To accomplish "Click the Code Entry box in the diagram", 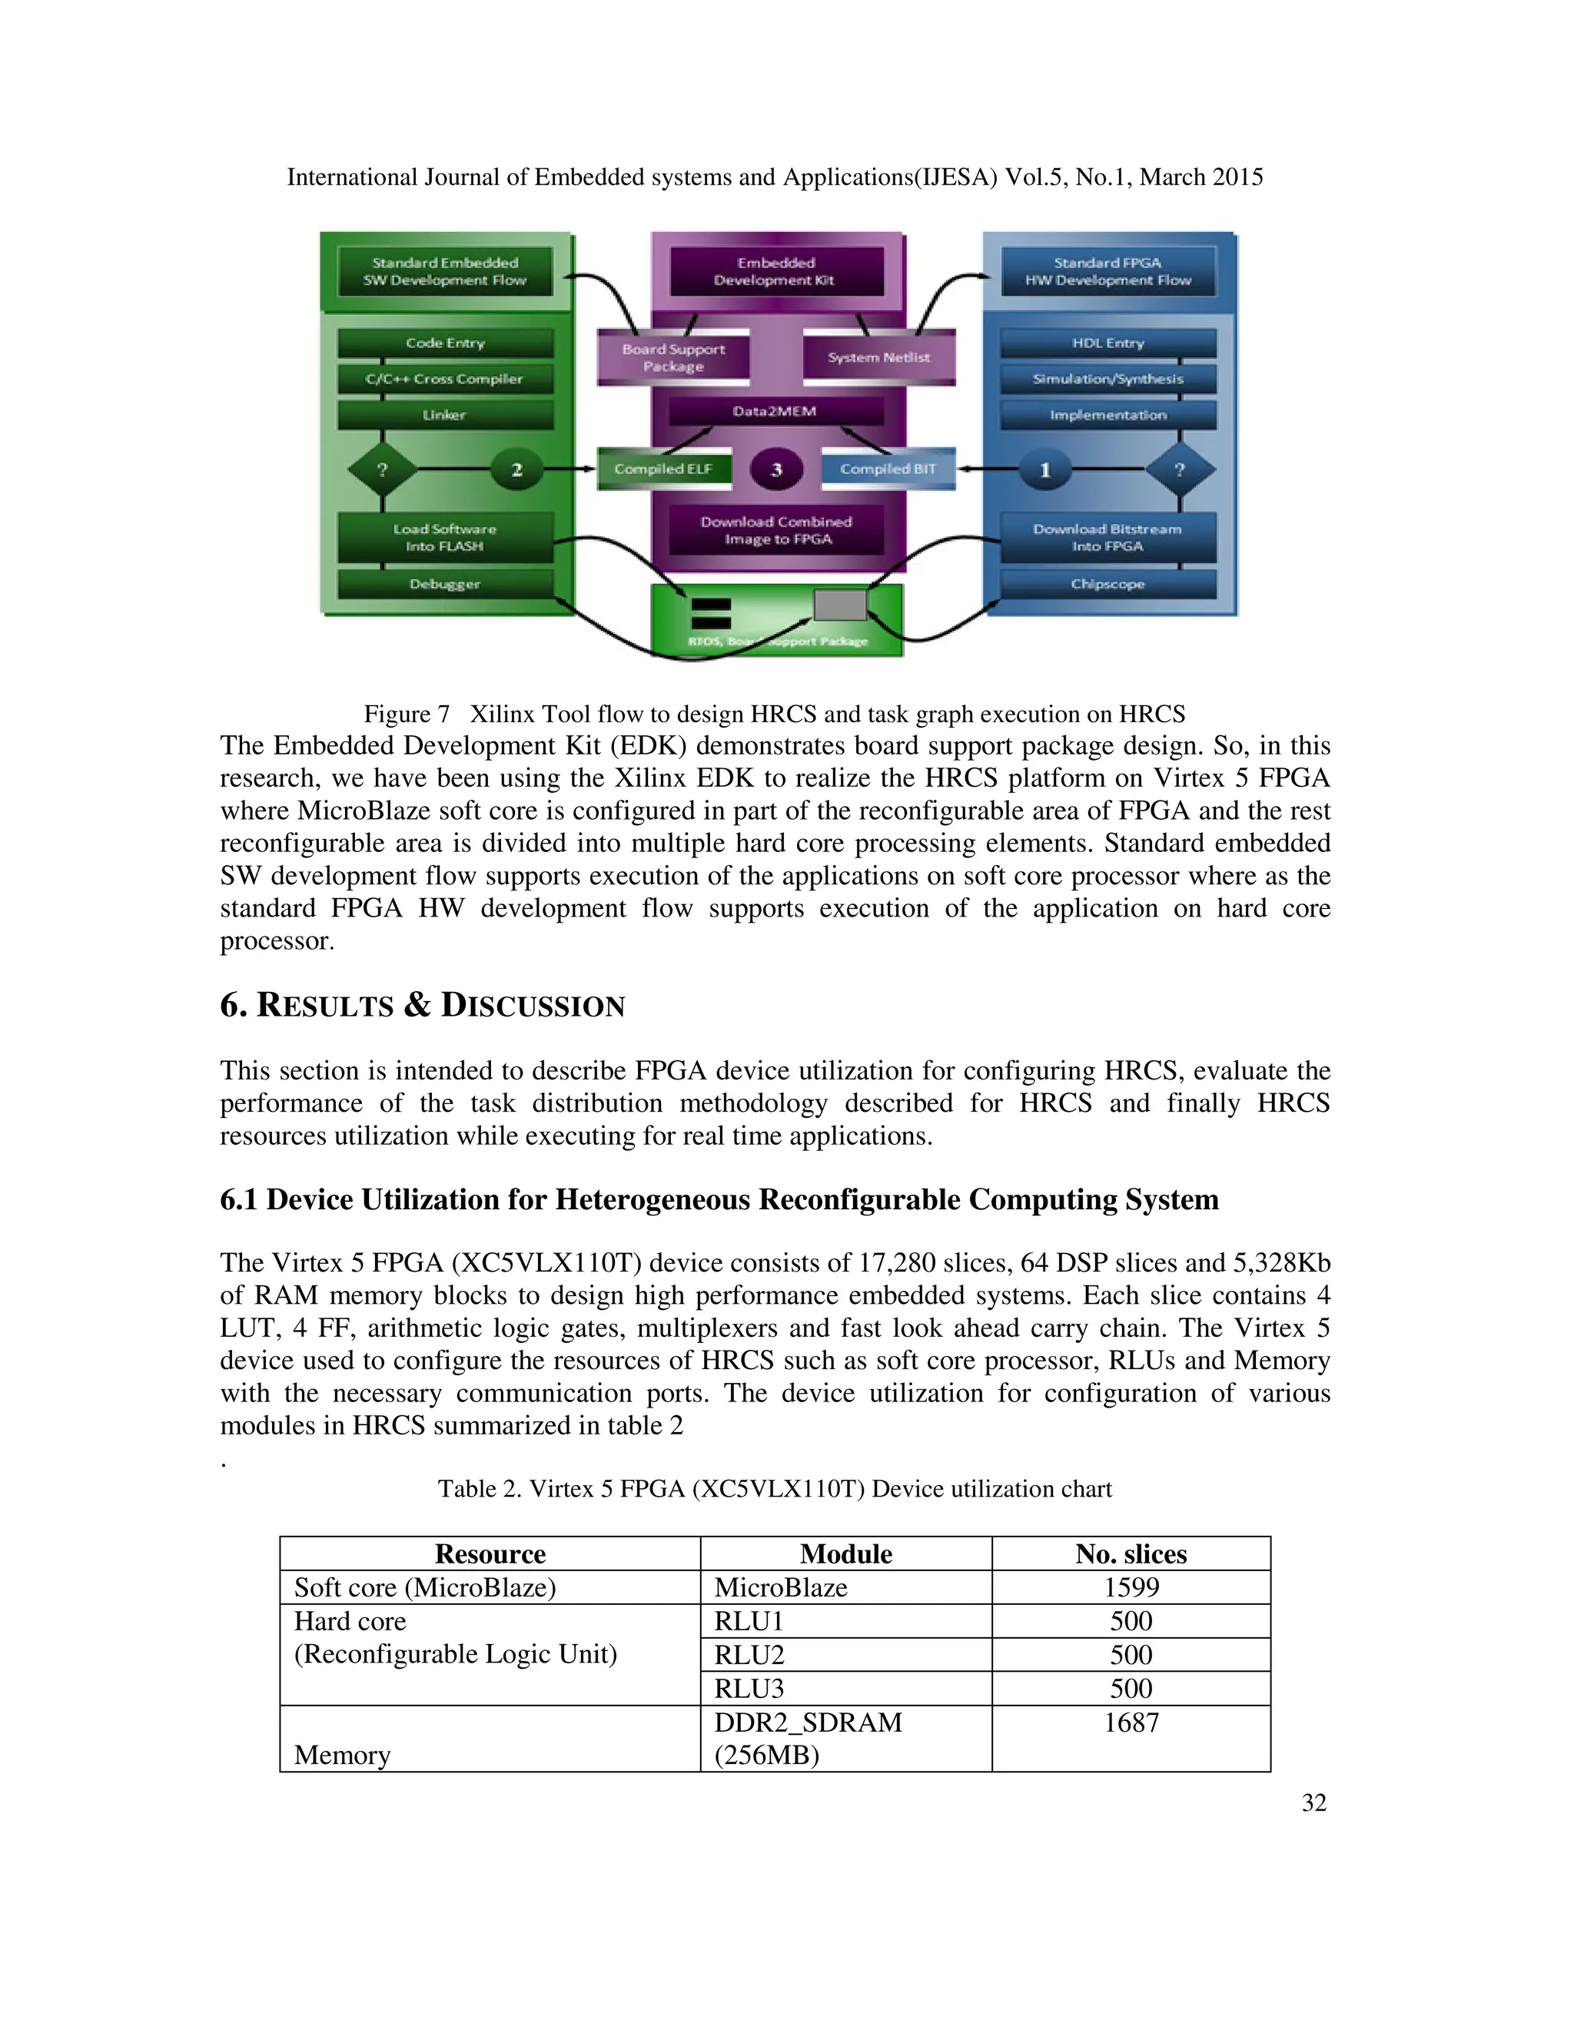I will (445, 343).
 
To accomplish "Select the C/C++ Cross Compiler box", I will (445, 380).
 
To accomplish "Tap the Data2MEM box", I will (775, 411).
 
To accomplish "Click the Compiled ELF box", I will (663, 469).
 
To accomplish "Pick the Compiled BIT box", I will (888, 469).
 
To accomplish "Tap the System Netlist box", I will (878, 357).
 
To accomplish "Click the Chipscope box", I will (1107, 585).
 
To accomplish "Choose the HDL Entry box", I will (1107, 343).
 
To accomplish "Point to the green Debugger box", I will (445, 585).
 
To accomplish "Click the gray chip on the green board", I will (840, 605).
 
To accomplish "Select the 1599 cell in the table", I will (1131, 1587).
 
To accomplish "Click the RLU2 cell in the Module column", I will (749, 1655).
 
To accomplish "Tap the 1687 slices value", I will (1131, 1723).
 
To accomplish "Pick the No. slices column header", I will (1131, 1554).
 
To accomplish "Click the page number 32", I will (1313, 1803).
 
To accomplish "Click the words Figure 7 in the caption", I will (407, 714).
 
